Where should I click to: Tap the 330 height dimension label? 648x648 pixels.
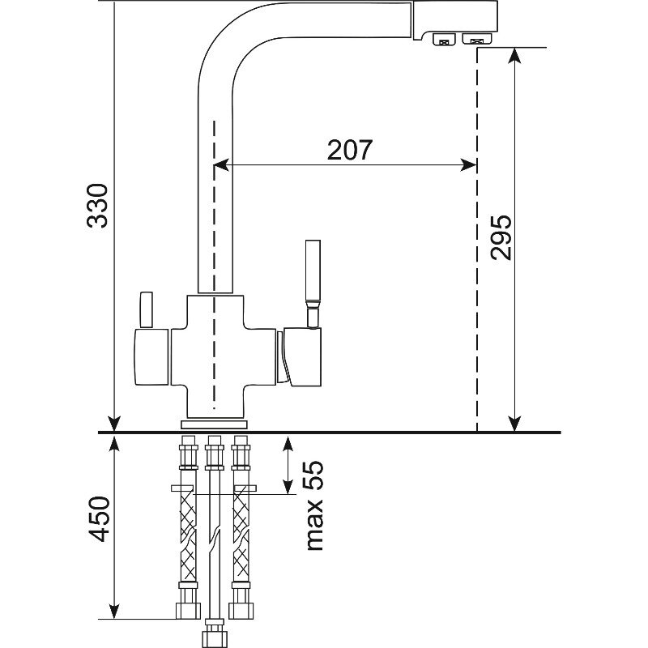[98, 206]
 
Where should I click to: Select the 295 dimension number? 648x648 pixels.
[501, 237]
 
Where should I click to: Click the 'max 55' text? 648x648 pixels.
[313, 505]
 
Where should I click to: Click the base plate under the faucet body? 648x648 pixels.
[214, 424]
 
